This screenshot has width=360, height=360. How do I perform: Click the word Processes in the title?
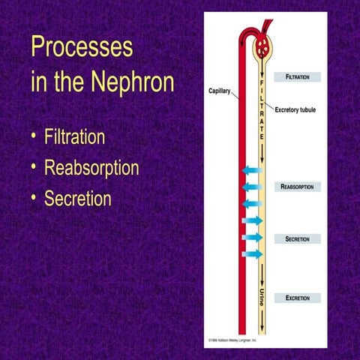pyautogui.click(x=82, y=47)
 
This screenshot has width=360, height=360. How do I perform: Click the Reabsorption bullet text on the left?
pyautogui.click(x=91, y=168)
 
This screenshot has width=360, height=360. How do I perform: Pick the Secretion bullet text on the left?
pyautogui.click(x=77, y=199)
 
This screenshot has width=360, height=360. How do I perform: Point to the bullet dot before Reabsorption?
pyautogui.click(x=34, y=169)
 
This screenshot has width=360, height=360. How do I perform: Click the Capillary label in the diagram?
pyautogui.click(x=220, y=91)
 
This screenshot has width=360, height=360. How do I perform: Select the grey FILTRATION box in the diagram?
pyautogui.click(x=298, y=76)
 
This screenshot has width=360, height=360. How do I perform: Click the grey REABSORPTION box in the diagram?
pyautogui.click(x=298, y=186)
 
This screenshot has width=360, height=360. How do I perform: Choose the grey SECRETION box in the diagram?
pyautogui.click(x=298, y=238)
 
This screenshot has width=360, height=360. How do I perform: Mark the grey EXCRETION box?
pyautogui.click(x=298, y=298)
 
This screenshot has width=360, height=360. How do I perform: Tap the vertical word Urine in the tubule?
pyautogui.click(x=262, y=295)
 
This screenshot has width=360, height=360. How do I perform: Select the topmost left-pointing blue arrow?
pyautogui.click(x=251, y=172)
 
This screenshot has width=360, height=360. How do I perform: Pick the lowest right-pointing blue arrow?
pyautogui.click(x=253, y=253)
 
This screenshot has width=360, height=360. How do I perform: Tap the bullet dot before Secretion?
pyautogui.click(x=34, y=199)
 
